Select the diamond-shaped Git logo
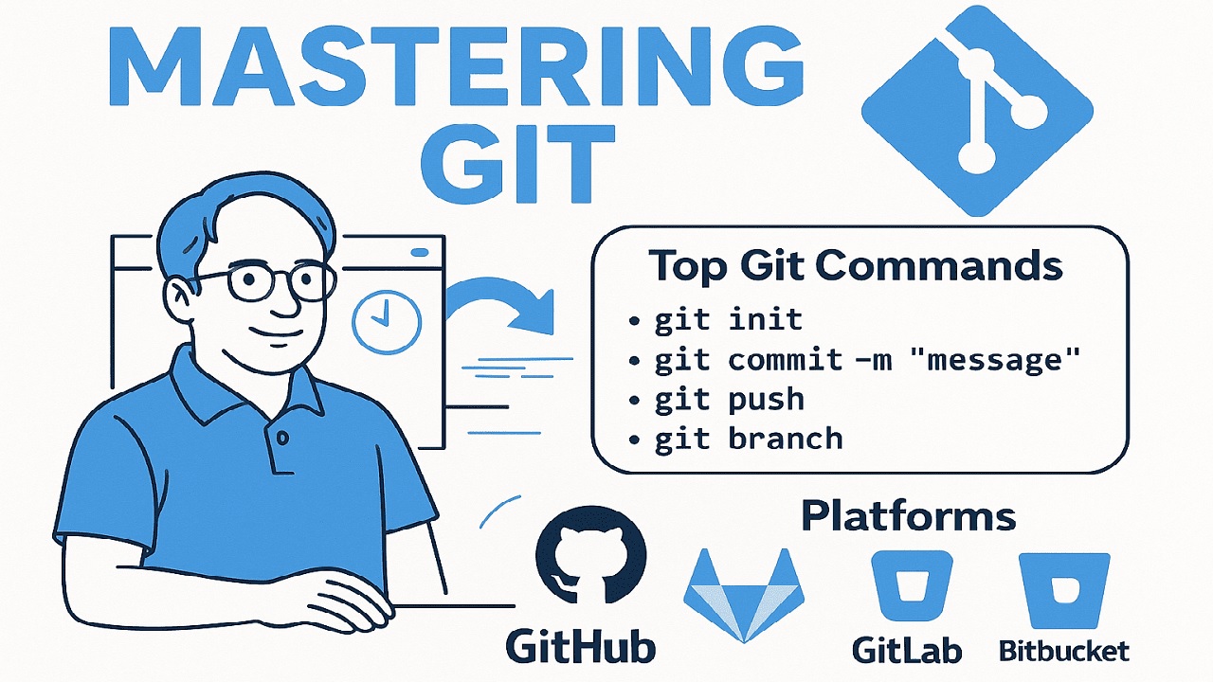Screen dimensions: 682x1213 point(976,108)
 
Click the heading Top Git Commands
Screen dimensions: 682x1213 point(856,266)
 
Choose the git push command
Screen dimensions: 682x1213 point(730,399)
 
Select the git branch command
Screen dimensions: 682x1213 point(749,439)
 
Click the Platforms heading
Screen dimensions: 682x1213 point(908,517)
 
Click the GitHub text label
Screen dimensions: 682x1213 point(580,646)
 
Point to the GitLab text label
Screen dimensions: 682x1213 point(907,649)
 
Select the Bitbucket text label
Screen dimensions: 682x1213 point(1064,650)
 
